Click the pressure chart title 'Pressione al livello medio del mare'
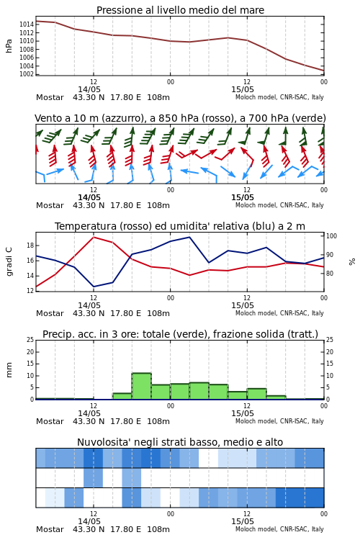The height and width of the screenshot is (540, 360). (x=180, y=10)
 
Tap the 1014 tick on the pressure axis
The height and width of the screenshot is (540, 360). (x=26, y=24)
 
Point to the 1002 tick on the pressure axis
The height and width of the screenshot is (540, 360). (x=26, y=74)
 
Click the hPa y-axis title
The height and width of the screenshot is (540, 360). (x=9, y=46)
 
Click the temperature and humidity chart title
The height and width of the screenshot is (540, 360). (x=180, y=226)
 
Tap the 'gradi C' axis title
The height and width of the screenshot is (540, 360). (x=9, y=262)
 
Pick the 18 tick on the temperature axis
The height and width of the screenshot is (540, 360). (x=30, y=246)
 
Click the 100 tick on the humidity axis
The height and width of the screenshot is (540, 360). (x=331, y=236)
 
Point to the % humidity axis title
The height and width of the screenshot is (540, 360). (x=352, y=262)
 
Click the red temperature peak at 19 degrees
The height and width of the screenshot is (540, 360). (x=94, y=237)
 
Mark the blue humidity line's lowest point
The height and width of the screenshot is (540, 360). (x=94, y=287)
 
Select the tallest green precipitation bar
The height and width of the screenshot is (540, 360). (x=142, y=386)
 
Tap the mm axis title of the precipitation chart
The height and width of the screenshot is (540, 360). (x=9, y=370)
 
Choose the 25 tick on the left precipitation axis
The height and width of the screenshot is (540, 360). (x=30, y=340)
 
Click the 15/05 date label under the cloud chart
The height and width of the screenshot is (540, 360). (x=243, y=521)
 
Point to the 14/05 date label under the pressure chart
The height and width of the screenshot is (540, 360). (x=89, y=89)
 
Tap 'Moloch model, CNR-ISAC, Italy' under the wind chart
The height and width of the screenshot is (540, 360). (x=279, y=205)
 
